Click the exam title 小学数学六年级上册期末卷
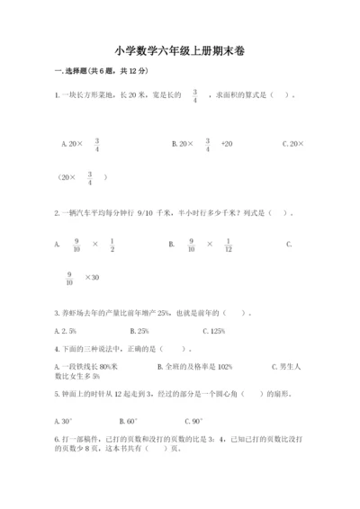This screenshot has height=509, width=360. point(179,51)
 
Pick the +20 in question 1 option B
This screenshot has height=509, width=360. point(226,144)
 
